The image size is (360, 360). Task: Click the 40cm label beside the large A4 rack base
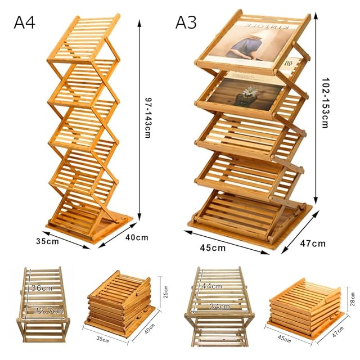point(137,237)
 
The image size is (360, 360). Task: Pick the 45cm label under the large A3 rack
point(213,247)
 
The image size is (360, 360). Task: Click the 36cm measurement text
point(42,288)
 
